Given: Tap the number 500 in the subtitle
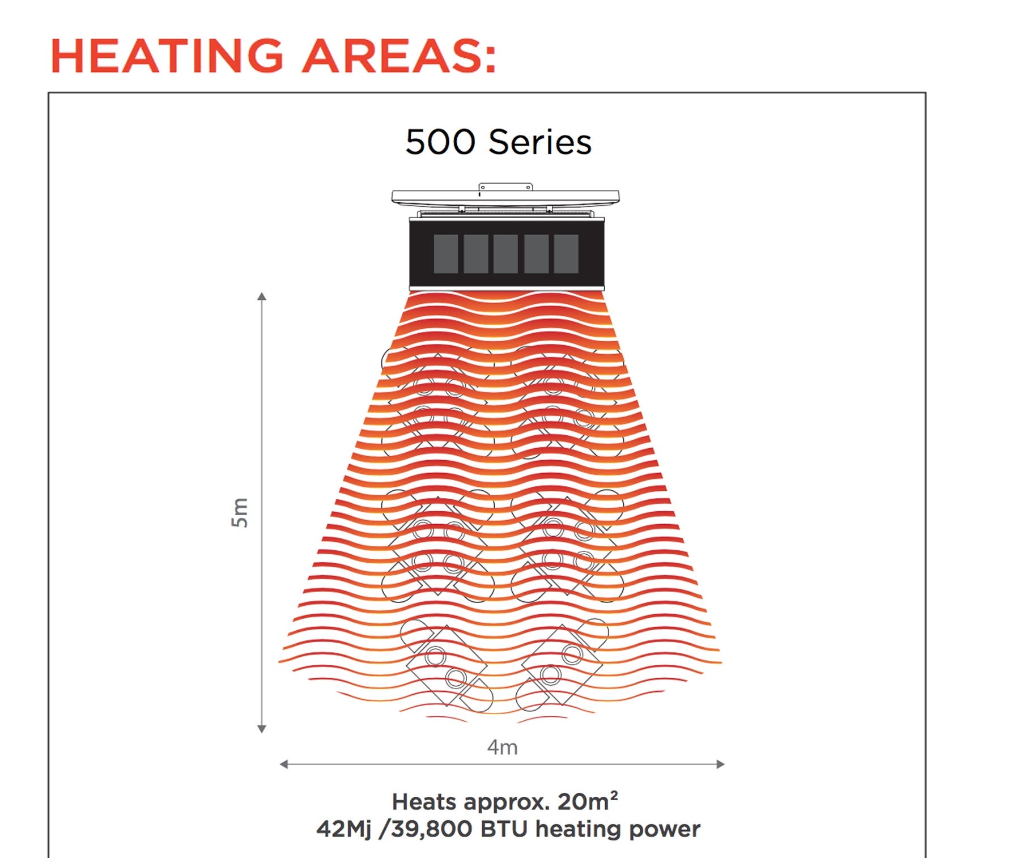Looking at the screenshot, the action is (440, 142).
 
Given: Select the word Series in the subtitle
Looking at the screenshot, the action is (539, 142).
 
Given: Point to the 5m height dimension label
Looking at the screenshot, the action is (240, 512).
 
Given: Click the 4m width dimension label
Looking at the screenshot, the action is (503, 747).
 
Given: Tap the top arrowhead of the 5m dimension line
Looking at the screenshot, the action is (261, 296).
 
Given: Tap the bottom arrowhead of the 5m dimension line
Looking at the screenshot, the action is (261, 729).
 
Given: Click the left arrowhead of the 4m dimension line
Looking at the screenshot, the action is (284, 764).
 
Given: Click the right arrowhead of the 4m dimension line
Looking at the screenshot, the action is (721, 764).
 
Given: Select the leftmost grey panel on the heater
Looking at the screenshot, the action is (446, 254).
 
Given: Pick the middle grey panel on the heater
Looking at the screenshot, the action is (505, 254).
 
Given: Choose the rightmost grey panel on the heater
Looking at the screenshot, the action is (566, 254).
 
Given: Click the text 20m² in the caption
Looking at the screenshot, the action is (588, 801).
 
